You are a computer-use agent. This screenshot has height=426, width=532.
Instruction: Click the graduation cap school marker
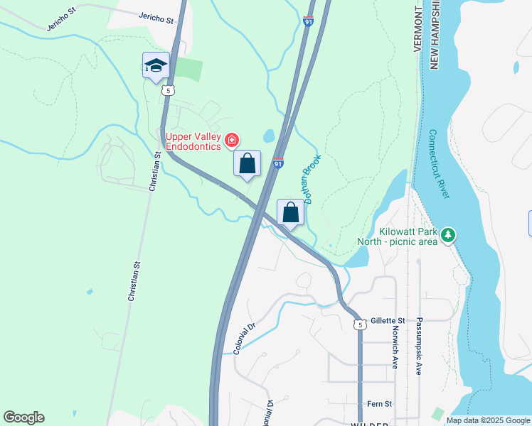pos(156,66)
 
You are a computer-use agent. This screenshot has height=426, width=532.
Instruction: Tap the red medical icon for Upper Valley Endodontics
pos(231,141)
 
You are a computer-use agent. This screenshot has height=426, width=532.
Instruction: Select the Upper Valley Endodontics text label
pos(192,141)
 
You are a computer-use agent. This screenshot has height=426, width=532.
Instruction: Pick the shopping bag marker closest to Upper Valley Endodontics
pos(247,163)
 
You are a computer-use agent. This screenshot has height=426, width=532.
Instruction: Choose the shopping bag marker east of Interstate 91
pos(290,212)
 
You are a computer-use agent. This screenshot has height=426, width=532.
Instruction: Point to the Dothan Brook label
pos(314,179)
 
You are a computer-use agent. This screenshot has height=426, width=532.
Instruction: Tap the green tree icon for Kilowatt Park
pos(447,234)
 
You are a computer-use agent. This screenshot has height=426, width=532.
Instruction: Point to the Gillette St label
pos(387,321)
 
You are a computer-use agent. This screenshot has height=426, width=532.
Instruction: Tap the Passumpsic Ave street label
pos(420,346)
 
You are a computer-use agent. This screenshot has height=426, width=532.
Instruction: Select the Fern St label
pos(379,404)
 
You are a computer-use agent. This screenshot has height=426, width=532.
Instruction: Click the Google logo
pos(23,417)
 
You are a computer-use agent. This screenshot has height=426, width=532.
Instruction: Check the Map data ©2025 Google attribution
pos(488,420)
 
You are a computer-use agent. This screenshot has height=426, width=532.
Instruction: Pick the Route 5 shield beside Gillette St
pos(361,324)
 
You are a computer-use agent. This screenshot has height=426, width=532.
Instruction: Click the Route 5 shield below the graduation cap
pos(168,90)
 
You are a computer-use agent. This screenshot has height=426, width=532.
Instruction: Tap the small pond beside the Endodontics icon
pos(269,135)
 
